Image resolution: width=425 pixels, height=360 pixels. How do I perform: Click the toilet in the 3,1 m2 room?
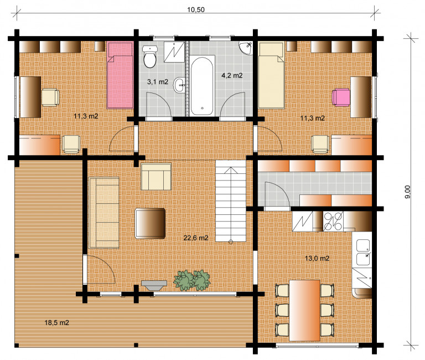150,56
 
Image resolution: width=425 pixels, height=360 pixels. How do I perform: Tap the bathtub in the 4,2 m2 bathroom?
202,86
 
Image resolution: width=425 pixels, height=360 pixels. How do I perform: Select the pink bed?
120,75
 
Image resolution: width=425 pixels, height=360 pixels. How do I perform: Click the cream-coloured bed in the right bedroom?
271,75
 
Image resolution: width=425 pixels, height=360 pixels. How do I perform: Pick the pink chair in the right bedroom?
341,97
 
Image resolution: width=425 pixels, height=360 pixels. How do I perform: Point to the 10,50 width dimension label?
196,10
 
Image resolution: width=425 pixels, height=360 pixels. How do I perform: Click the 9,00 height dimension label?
407,192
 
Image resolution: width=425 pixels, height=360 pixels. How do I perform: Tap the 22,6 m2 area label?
196,238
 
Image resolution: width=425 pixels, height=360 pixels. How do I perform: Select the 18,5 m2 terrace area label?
56,322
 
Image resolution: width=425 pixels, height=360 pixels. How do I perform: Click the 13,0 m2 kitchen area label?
317,258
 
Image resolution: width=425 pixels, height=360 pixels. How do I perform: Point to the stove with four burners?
333,221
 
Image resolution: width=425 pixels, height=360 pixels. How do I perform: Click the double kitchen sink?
363,252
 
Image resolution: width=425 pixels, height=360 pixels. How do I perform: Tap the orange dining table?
305,310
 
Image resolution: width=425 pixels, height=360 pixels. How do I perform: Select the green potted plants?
192,280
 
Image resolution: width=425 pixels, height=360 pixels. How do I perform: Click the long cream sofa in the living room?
104,213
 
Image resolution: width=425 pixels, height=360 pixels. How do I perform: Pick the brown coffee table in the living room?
150,223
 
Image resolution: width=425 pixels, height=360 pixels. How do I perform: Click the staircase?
231,200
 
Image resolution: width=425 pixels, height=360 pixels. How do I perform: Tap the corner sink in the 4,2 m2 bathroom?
246,48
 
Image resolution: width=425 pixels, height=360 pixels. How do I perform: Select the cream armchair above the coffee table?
156,176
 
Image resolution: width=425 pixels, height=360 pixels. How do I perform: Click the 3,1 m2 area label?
158,81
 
